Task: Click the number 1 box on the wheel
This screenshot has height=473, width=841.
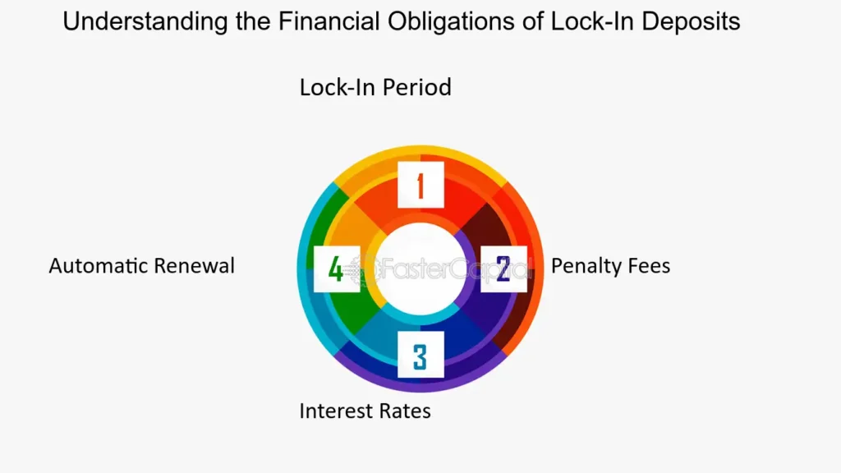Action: [x=420, y=185]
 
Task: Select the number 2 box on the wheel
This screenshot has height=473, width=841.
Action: [x=503, y=269]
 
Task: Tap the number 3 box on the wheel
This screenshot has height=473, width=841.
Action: [x=420, y=354]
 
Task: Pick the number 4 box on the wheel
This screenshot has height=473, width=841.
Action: [x=337, y=269]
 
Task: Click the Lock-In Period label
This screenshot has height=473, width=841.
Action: [x=375, y=87]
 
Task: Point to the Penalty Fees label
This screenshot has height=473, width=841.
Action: [x=610, y=266]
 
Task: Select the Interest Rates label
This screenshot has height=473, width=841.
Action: [x=365, y=411]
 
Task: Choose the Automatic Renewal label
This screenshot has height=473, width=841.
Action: [x=141, y=266]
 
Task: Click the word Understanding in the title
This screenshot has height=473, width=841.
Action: [x=145, y=22]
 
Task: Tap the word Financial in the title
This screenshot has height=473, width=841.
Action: [x=329, y=21]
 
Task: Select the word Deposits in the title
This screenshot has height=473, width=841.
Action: [x=690, y=22]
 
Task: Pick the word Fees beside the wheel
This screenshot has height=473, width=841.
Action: [x=649, y=266]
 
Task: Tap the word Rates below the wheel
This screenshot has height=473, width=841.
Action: [x=405, y=411]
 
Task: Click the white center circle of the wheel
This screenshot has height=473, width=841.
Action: [x=420, y=269]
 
